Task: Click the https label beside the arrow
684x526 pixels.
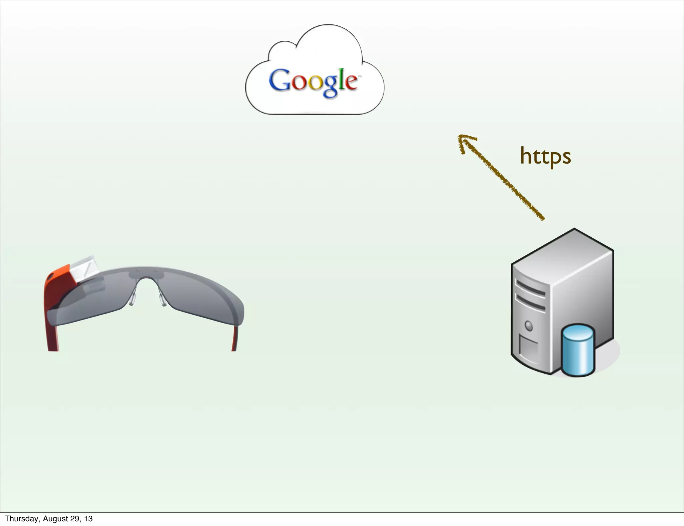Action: pos(545,156)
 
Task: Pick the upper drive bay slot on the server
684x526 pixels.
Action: pos(530,288)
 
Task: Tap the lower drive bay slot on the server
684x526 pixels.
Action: pos(530,302)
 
